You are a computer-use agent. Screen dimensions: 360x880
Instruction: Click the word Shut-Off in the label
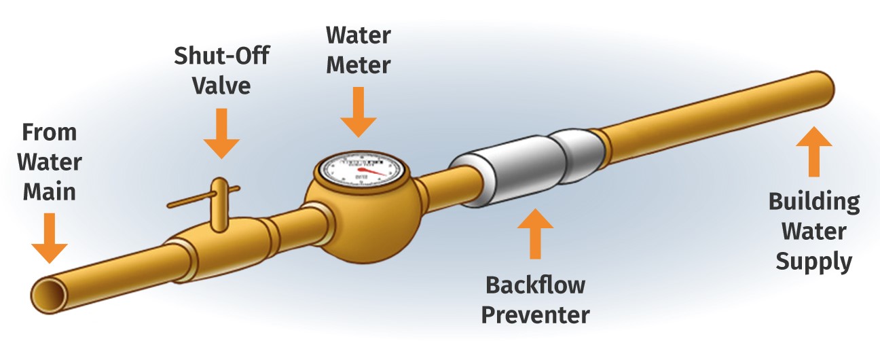point(222,56)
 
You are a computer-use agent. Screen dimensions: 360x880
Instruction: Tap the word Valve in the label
point(222,87)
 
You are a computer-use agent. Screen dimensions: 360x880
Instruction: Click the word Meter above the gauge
point(358,65)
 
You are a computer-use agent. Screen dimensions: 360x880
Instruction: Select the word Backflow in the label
point(536,285)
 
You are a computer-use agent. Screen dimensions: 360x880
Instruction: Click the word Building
point(813,202)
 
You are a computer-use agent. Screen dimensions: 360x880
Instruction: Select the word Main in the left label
point(50,192)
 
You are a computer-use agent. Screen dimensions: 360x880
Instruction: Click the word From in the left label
point(50,132)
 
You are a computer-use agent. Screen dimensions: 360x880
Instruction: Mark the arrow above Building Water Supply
point(813,152)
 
